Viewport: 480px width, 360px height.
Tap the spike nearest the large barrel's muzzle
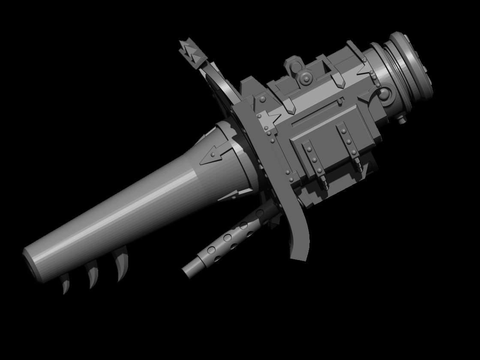pos(65,285)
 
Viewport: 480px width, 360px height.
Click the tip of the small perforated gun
pos(187,270)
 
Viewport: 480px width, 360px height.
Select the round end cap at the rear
pos(411,64)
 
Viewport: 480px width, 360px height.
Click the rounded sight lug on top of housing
pos(293,64)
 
